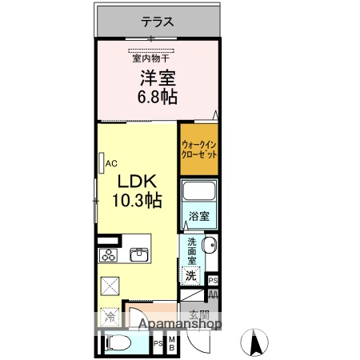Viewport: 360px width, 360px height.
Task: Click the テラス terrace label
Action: (158, 22)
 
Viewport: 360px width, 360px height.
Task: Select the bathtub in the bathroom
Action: (200, 193)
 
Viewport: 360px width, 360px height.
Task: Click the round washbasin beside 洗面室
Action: (210, 246)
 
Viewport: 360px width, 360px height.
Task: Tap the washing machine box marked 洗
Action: (191, 274)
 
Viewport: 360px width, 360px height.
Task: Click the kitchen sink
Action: (138, 254)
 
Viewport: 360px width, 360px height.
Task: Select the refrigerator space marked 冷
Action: (109, 317)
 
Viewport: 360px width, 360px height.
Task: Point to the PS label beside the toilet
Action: (158, 345)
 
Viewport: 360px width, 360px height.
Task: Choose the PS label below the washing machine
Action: (212, 280)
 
